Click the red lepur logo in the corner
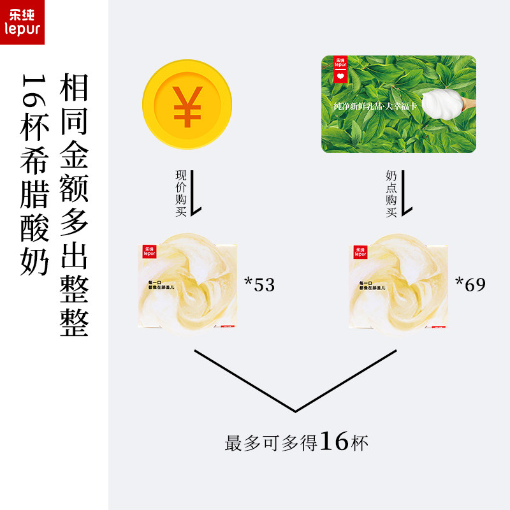[22, 22]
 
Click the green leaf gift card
[399, 104]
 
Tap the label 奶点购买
[391, 193]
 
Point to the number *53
[259, 285]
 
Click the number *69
[470, 284]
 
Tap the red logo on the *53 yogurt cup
[150, 251]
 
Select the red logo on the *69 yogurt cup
[360, 251]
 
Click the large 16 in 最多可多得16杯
[334, 441]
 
